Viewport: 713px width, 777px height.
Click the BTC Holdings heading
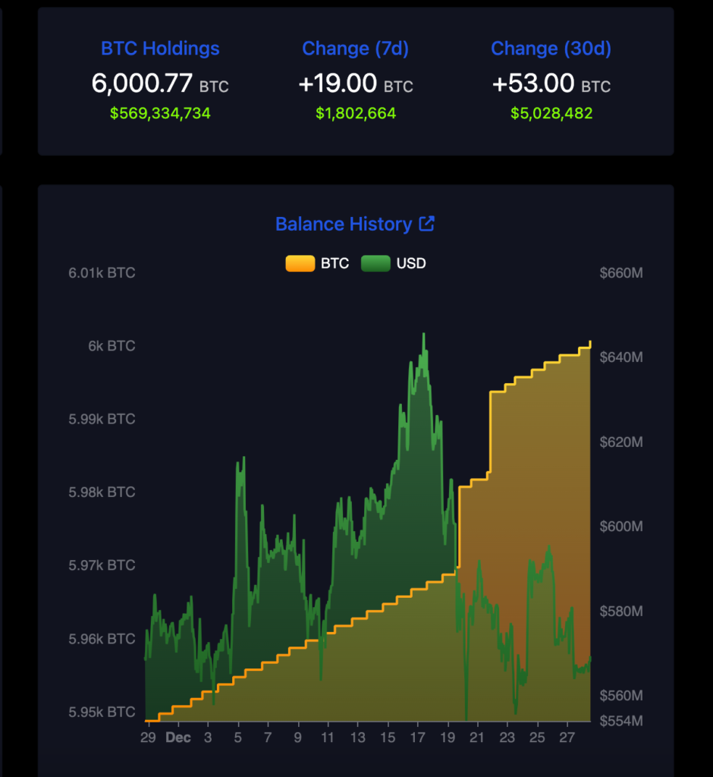coord(160,49)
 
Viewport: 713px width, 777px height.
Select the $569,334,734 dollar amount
coord(160,114)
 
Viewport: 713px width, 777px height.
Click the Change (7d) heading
coord(355,49)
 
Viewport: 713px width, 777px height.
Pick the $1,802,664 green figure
coord(355,114)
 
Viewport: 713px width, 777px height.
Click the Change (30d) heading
coord(551,49)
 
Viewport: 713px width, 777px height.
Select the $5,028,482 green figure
coord(551,114)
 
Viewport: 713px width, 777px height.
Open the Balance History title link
coord(344,224)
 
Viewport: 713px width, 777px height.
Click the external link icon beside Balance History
coord(427,224)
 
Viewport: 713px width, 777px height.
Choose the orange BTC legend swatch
coord(300,263)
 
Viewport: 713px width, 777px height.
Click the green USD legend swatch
coord(375,263)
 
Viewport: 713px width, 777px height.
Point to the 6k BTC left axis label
coord(112,346)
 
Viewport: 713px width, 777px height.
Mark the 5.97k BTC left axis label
coord(102,565)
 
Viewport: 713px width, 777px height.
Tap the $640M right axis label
coord(620,357)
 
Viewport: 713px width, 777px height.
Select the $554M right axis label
coord(620,719)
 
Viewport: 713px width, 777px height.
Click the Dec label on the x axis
coord(178,738)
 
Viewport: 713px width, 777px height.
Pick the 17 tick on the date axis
coord(417,738)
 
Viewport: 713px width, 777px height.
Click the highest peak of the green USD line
coord(423,334)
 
